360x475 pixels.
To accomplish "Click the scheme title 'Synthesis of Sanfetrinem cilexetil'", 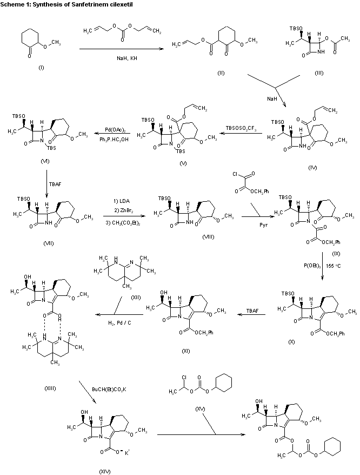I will point(69,5).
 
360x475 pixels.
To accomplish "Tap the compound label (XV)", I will point(199,407).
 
